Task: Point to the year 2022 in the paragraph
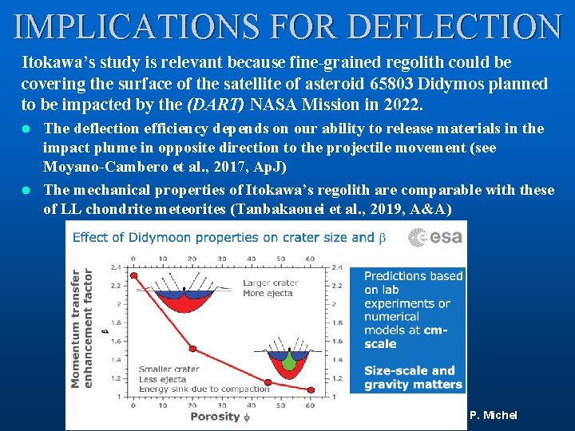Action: (x=404, y=105)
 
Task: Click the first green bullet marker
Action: (x=26, y=129)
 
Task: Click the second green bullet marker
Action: (x=26, y=190)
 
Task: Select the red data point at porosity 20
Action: (x=192, y=347)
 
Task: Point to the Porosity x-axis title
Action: (x=216, y=416)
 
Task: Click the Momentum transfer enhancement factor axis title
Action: (x=81, y=327)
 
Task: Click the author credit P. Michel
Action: (x=493, y=415)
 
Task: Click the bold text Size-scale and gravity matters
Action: (x=412, y=377)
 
